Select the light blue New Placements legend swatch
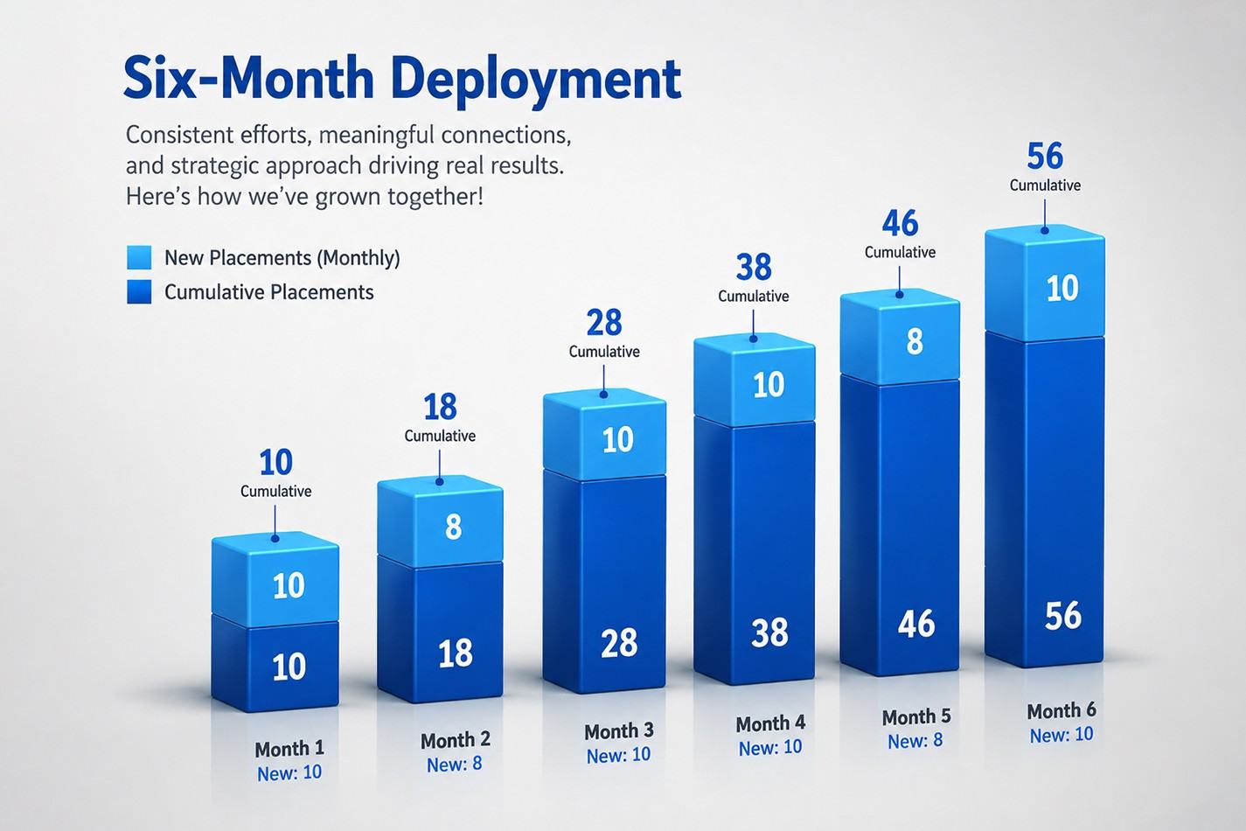coord(139,258)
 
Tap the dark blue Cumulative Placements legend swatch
coord(139,291)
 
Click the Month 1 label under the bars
coord(289,749)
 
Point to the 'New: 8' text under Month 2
coord(455,765)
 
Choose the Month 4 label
coord(770,723)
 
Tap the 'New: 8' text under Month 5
coord(915,741)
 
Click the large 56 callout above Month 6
coord(1045,156)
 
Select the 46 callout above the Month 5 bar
coord(900,224)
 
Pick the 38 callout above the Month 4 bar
coord(754,267)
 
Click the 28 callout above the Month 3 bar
coord(604,323)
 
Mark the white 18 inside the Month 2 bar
coord(456,653)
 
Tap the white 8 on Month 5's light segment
coord(915,341)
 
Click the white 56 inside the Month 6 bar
coord(1063,616)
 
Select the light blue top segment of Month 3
coord(605,434)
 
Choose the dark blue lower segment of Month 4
coord(755,551)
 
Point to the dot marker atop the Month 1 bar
coord(275,539)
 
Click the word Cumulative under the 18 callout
coord(440,436)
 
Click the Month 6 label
coord(1062,711)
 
